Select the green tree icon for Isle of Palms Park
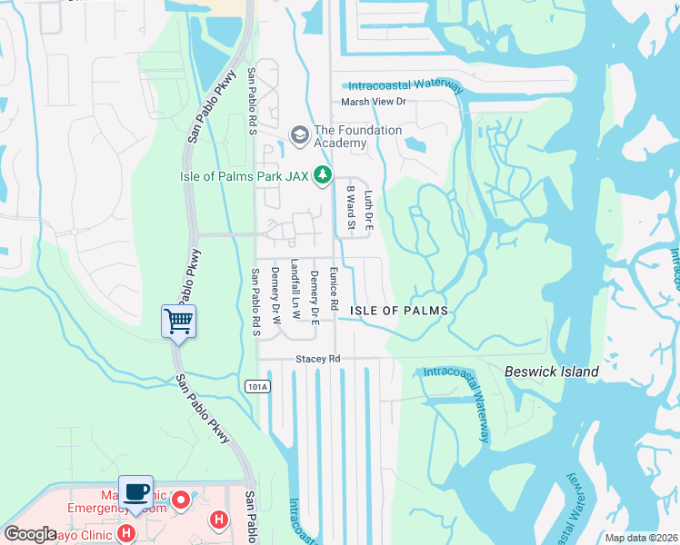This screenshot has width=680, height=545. tap(321, 174)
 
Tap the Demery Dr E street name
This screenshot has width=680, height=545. tap(314, 297)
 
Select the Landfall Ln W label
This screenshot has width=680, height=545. tap(295, 289)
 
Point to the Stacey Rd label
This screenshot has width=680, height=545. tap(317, 360)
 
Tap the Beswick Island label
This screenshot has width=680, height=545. tap(552, 372)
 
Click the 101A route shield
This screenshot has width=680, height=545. tap(257, 387)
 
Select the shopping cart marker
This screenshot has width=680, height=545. tap(179, 321)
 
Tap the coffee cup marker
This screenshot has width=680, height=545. tap(135, 492)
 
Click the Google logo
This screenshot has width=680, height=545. tap(30, 534)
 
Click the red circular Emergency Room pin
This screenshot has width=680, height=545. tap(181, 499)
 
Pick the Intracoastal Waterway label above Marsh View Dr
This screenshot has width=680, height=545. tap(406, 85)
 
